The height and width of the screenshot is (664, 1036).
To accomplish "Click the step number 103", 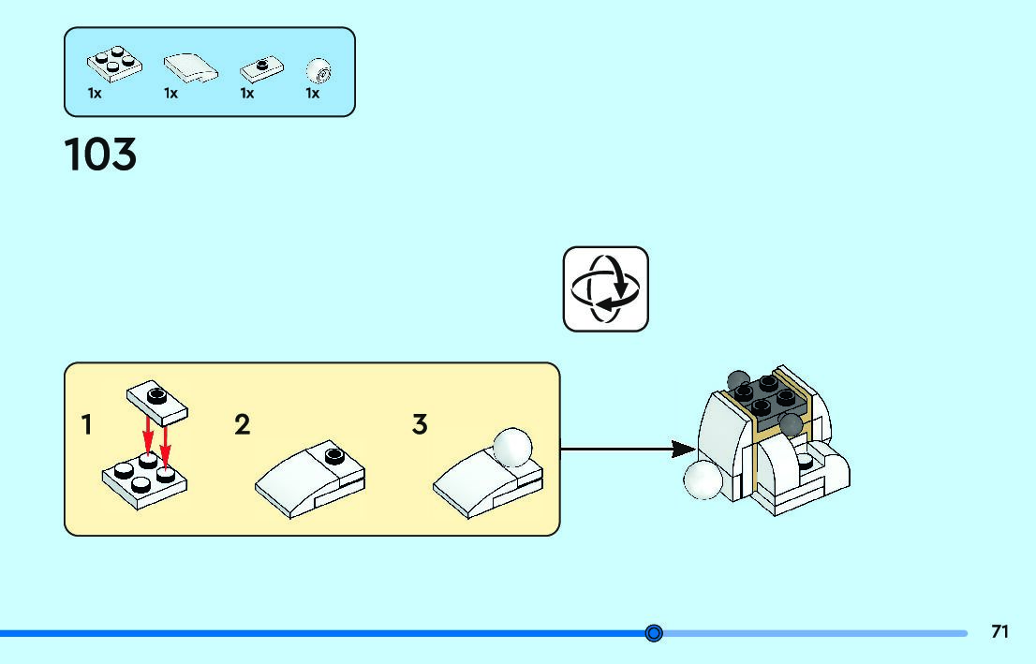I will (x=100, y=155).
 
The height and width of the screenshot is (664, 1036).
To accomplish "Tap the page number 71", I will (x=1000, y=632).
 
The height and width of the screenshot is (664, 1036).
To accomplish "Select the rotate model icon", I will (x=605, y=289).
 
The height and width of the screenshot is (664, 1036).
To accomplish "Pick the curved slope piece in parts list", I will (x=190, y=66).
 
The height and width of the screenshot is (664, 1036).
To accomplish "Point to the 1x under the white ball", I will (x=312, y=94).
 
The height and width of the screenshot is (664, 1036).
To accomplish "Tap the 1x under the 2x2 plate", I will (x=95, y=94).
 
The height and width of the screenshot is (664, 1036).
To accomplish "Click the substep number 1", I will (x=87, y=425).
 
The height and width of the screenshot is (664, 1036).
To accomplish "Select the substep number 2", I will (x=242, y=425).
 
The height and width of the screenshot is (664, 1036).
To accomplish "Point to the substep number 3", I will (x=420, y=425).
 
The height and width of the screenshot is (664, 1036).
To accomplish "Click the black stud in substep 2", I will (x=333, y=456).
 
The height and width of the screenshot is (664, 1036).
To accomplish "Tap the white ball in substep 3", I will (x=511, y=447).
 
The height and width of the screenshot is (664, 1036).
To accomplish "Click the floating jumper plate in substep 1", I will (x=155, y=400).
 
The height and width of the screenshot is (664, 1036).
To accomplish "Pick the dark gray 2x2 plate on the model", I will (x=766, y=398).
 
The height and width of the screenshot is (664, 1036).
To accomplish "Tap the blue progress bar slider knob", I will (x=654, y=633).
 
